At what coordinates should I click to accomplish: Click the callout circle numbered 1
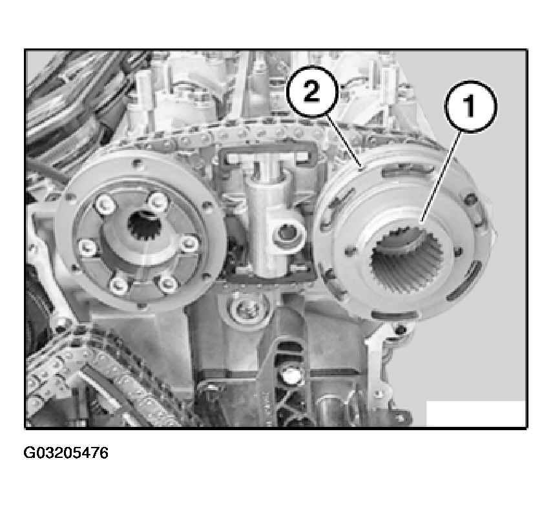pyautogui.click(x=470, y=107)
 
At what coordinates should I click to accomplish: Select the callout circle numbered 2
pyautogui.click(x=311, y=92)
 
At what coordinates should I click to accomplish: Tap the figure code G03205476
pyautogui.click(x=66, y=453)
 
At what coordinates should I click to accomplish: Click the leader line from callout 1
pyautogui.click(x=441, y=176)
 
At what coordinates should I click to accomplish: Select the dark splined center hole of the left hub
pyautogui.click(x=145, y=225)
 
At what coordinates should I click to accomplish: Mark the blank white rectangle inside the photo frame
pyautogui.click(x=475, y=413)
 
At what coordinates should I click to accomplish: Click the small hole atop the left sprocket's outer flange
pyautogui.click(x=137, y=163)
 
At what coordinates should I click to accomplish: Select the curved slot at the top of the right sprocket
pyautogui.click(x=408, y=171)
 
